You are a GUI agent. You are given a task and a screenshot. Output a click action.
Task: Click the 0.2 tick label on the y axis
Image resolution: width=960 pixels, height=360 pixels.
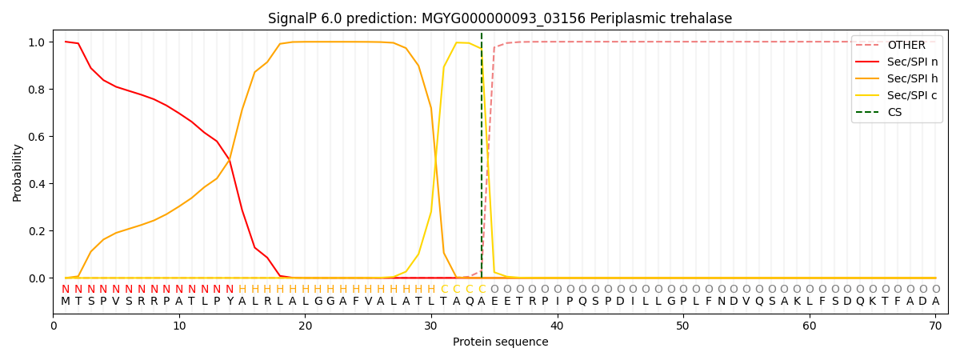click(x=37, y=231)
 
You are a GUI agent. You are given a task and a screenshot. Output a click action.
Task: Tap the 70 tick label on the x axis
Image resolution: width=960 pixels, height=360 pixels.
click(x=935, y=326)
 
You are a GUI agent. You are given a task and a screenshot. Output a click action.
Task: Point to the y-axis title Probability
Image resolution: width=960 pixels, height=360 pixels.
click(x=17, y=173)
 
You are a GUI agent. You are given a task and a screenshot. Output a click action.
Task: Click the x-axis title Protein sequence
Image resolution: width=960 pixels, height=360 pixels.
click(x=501, y=342)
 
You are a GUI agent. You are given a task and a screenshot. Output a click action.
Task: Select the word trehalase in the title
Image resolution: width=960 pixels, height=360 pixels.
click(x=698, y=18)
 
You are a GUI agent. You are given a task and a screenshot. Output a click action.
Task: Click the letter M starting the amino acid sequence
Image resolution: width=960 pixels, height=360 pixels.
click(x=66, y=302)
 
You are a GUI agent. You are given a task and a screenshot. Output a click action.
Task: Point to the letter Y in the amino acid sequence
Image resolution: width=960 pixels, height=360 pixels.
click(x=230, y=302)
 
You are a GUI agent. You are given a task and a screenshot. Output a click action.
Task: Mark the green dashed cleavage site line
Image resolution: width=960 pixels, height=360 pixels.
click(x=482, y=155)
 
